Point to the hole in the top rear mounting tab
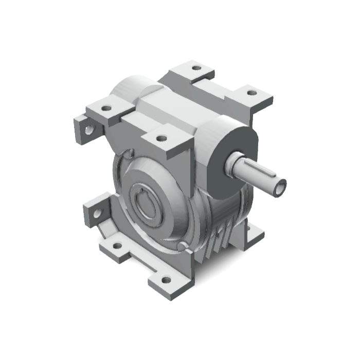click(x=196, y=67)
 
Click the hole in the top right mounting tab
click(x=251, y=93)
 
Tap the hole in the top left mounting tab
click(x=106, y=109)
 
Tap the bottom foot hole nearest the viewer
click(x=166, y=280)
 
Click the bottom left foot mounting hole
click(x=118, y=246)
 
